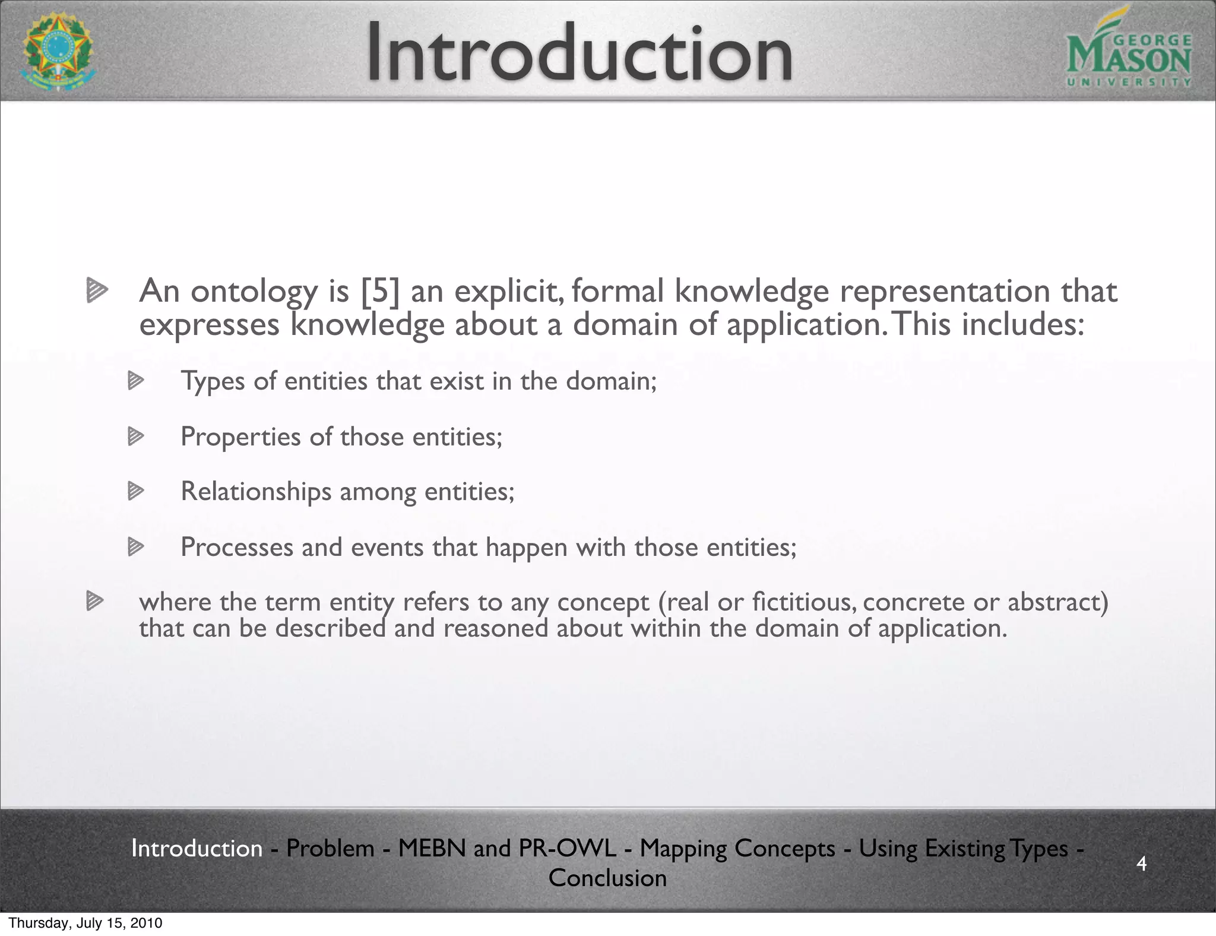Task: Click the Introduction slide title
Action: (x=579, y=53)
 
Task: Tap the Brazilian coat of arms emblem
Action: (x=58, y=52)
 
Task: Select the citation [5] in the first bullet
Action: (x=380, y=292)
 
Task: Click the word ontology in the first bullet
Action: (x=254, y=293)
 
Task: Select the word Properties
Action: (x=240, y=437)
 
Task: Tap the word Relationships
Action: (x=256, y=492)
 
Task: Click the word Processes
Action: (x=237, y=547)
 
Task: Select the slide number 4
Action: (x=1141, y=863)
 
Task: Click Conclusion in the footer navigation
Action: (x=607, y=878)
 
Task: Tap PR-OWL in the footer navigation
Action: (x=567, y=849)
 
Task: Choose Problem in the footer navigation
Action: (x=330, y=849)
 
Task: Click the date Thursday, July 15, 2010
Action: (x=85, y=924)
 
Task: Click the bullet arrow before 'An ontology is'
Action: (x=96, y=291)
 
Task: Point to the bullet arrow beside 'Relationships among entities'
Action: (x=136, y=491)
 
